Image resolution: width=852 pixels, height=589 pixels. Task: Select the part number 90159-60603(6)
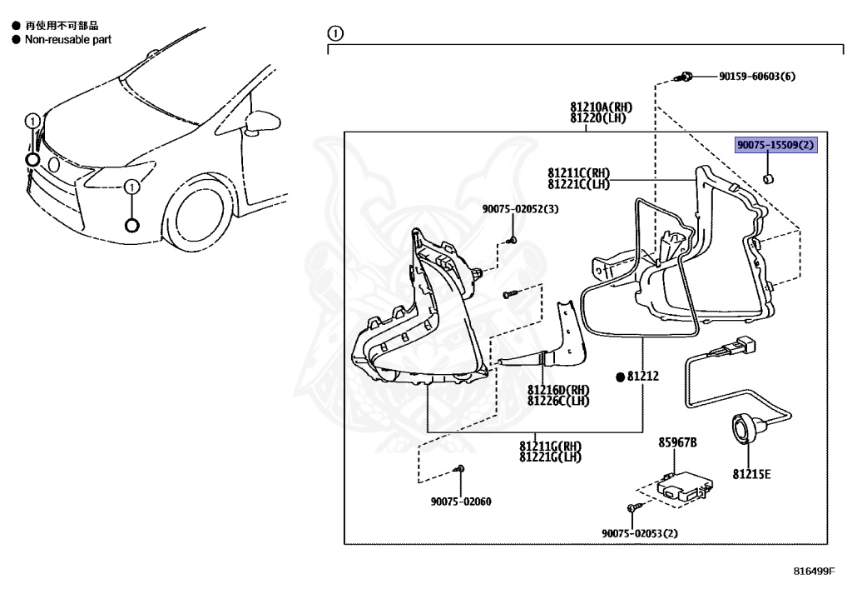click(x=757, y=77)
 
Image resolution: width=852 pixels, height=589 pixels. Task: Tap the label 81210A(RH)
click(x=601, y=107)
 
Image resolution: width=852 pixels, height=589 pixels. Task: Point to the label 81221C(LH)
click(x=579, y=184)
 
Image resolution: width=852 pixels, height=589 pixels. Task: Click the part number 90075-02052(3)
click(x=520, y=209)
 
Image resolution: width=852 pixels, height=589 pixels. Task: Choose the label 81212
click(x=642, y=377)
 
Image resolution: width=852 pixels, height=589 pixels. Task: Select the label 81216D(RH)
click(x=558, y=390)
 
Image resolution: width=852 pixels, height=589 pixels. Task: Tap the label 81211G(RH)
click(x=550, y=446)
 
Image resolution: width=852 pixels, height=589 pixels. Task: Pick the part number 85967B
click(x=678, y=442)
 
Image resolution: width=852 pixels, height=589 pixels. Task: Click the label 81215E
click(x=751, y=475)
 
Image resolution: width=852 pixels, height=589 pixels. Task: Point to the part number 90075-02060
click(x=461, y=502)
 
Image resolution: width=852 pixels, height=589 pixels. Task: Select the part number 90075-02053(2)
click(x=640, y=534)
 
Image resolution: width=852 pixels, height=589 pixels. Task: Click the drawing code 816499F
click(x=813, y=572)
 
